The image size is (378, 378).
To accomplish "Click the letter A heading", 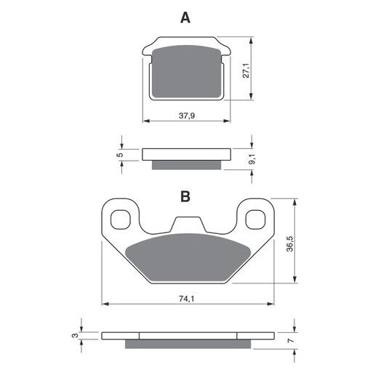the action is (185, 18).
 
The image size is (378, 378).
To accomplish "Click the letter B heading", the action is (185, 196).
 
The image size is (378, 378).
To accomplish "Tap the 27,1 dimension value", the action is (246, 71).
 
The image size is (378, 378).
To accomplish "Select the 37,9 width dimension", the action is (187, 116).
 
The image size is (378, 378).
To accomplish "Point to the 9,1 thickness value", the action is (252, 159).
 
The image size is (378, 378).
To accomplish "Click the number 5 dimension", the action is (120, 155).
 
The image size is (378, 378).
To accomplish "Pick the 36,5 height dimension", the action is (290, 244).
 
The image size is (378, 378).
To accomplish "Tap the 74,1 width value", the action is (187, 299).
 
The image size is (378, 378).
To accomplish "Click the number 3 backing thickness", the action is (76, 335).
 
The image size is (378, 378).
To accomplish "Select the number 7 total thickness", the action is (290, 340).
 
